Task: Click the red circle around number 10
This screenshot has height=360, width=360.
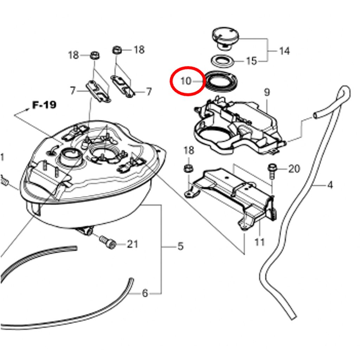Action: point(171,81)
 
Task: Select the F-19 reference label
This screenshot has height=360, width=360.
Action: point(44,105)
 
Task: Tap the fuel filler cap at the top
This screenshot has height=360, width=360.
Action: point(225,38)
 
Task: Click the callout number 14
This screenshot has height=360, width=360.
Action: point(284,51)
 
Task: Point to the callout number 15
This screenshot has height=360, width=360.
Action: point(251,61)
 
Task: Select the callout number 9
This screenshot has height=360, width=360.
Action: point(266,92)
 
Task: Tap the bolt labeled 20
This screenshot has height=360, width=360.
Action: point(272,171)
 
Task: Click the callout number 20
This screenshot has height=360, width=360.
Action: point(294,169)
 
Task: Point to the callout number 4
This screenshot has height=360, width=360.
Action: point(330,185)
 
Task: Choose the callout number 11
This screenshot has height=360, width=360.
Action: point(259,242)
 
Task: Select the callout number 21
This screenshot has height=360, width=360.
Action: point(132,244)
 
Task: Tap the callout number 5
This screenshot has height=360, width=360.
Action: point(181,246)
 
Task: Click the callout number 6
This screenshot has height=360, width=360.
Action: point(144,293)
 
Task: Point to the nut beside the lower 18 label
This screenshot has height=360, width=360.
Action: point(188,168)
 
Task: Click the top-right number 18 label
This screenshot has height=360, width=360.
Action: point(139,50)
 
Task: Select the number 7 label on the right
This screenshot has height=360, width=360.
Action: point(149,92)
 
